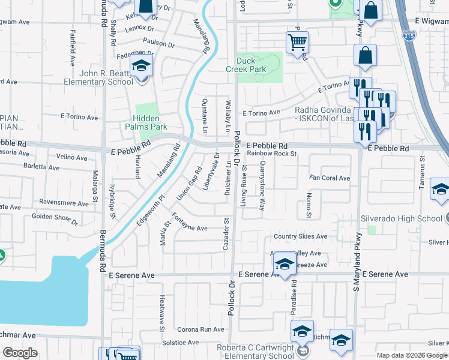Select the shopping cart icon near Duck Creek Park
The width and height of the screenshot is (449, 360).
pos(297,43)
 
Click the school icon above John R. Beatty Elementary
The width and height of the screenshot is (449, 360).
pos(142,66)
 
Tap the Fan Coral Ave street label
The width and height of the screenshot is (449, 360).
pos(330,178)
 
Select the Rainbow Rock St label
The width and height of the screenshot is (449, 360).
pos(273,154)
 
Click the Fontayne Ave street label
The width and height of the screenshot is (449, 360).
pos(190,228)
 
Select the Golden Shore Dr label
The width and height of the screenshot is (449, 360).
pos(54,218)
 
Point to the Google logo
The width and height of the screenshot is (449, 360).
pos(20,353)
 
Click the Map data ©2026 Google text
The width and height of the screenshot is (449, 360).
pos(412,355)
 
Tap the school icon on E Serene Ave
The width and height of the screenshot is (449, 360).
pos(285,265)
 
